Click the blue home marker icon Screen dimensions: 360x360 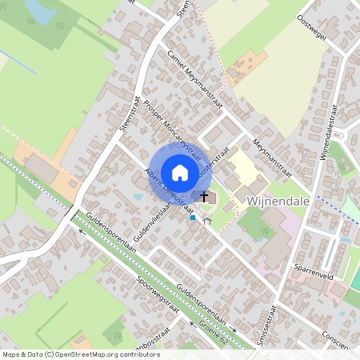(180, 172)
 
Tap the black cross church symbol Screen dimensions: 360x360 (204, 196)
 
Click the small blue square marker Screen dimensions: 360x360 (192, 217)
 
